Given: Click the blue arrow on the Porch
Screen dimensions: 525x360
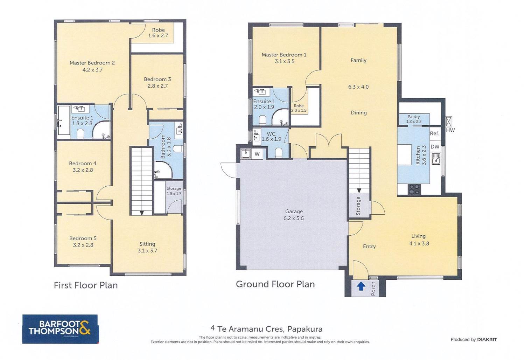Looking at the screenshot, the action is (x=361, y=286).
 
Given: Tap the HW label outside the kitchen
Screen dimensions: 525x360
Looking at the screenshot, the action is (x=450, y=130).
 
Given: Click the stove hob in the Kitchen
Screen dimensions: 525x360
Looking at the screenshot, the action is (x=414, y=189).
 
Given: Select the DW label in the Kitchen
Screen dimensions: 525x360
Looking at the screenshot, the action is (x=435, y=147).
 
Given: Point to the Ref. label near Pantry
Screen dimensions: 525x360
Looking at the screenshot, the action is (x=435, y=133).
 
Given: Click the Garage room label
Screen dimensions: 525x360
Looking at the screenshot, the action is (x=294, y=211).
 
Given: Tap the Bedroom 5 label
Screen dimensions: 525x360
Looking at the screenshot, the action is (x=83, y=238).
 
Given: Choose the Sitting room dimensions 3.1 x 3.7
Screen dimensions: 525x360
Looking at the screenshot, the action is (x=147, y=250).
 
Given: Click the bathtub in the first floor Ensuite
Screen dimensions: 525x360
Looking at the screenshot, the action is (x=64, y=120).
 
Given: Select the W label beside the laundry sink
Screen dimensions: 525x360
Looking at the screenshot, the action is (x=257, y=154).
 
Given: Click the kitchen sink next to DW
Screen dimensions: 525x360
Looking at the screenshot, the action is (x=436, y=159).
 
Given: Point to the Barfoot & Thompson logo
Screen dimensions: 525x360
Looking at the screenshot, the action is (x=60, y=329).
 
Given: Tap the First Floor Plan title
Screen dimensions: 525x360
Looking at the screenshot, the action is (x=86, y=285).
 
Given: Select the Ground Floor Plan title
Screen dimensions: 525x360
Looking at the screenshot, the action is (x=275, y=284).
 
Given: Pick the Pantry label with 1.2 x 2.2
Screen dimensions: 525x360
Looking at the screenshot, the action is (x=414, y=119).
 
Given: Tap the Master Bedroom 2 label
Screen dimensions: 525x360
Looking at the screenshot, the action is (x=92, y=63).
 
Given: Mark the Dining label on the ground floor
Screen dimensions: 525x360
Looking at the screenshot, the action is (x=359, y=112).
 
